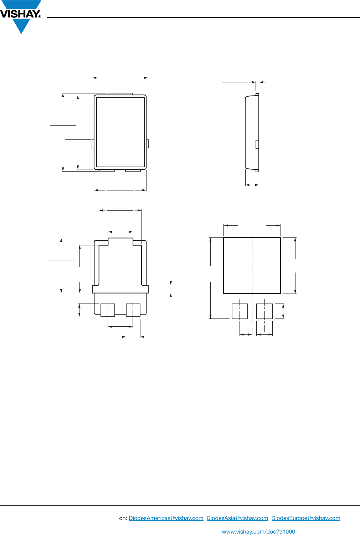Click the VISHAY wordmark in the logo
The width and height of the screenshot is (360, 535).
[x=21, y=14]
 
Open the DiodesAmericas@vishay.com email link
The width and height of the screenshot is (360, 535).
[x=166, y=518]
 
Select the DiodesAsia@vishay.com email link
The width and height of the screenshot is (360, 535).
[x=237, y=518]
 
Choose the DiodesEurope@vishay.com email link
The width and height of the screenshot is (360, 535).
[x=306, y=518]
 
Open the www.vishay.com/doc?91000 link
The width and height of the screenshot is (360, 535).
[x=258, y=531]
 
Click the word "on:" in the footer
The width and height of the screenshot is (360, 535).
[x=123, y=518]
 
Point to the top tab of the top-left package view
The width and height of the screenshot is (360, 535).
[x=120, y=94]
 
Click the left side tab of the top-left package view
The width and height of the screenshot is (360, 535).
[x=93, y=144]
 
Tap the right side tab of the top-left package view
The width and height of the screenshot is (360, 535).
[x=147, y=144]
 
